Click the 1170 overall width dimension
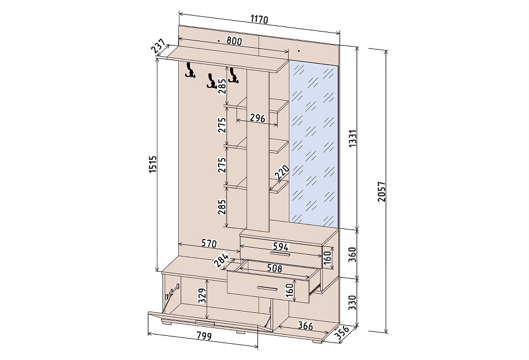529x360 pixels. [259, 19]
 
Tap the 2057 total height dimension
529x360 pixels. [381, 192]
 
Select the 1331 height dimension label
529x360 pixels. [352, 138]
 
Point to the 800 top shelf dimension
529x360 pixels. [234, 41]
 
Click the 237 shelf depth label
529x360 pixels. [158, 47]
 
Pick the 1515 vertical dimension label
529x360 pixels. [153, 165]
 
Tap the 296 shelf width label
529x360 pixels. [257, 118]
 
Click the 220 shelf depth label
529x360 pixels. [282, 172]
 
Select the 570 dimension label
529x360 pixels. [209, 243]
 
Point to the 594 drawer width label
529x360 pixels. [281, 246]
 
